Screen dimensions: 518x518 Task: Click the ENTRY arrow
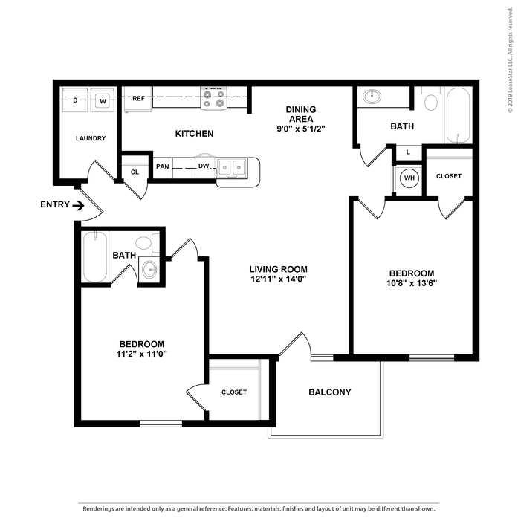pyautogui.click(x=78, y=206)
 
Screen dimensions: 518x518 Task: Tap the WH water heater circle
pyautogui.click(x=409, y=178)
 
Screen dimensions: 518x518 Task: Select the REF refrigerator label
pyautogui.click(x=138, y=98)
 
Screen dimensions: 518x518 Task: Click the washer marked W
pyautogui.click(x=103, y=100)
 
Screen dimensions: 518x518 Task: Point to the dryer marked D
pyautogui.click(x=75, y=100)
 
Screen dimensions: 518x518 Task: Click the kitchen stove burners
pyautogui.click(x=214, y=98)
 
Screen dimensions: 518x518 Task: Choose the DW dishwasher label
pyautogui.click(x=204, y=166)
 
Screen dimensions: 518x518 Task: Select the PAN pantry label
pyautogui.click(x=163, y=166)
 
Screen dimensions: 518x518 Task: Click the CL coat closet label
pyautogui.click(x=135, y=172)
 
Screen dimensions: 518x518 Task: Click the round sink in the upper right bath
pyautogui.click(x=372, y=97)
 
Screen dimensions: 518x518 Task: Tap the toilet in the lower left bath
pyautogui.click(x=147, y=242)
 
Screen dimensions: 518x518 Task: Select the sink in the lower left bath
pyautogui.click(x=149, y=270)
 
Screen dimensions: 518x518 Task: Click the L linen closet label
pyautogui.click(x=408, y=152)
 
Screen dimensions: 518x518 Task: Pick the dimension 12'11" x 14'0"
pyautogui.click(x=278, y=279)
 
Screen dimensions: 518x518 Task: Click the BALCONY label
pyautogui.click(x=330, y=392)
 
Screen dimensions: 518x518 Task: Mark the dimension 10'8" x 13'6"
pyautogui.click(x=412, y=283)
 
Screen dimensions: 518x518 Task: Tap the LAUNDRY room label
pyautogui.click(x=91, y=138)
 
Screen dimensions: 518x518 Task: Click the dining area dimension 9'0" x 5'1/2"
pyautogui.click(x=301, y=129)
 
